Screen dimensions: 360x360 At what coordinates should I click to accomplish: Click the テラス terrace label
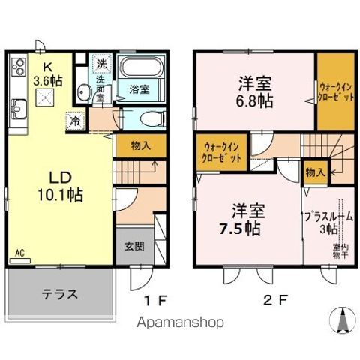tap(59, 292)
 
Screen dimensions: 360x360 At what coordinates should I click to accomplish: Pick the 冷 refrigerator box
tap(75, 118)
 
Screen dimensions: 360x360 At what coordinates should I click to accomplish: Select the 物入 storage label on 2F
tap(314, 172)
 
